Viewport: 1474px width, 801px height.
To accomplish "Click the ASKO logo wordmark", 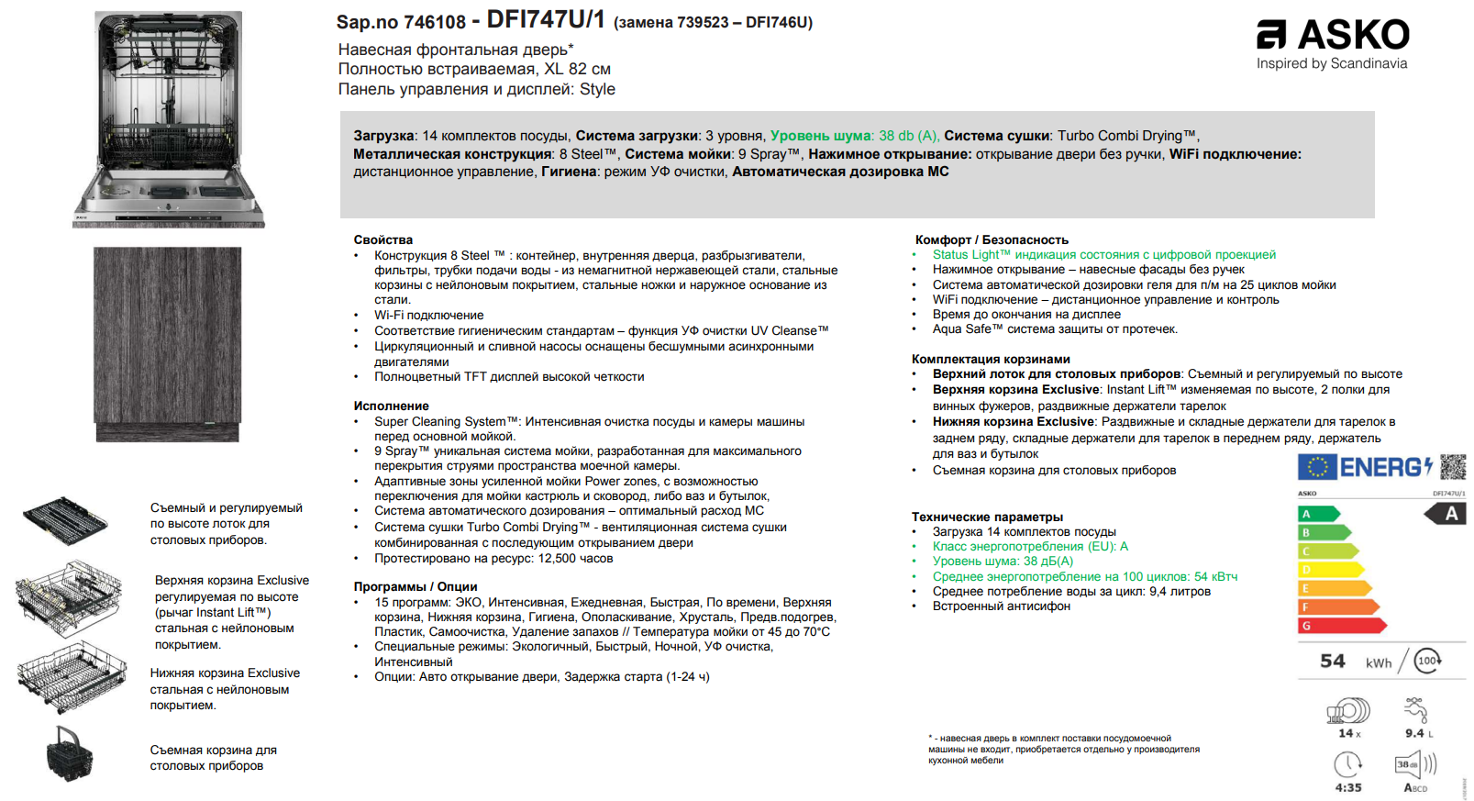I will (x=1352, y=35).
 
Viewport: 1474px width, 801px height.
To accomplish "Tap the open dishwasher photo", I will (x=169, y=118).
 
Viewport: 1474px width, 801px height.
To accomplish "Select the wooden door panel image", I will (x=167, y=344).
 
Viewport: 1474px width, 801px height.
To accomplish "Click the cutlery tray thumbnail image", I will (x=65, y=520).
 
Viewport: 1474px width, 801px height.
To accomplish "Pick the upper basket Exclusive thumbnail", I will (x=69, y=599).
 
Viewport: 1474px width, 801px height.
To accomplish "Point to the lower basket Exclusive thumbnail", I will (x=72, y=677).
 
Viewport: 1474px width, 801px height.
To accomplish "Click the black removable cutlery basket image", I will (x=70, y=754).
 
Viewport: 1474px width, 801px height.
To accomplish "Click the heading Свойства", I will (x=383, y=239).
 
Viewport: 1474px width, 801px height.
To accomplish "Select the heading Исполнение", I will (x=392, y=406).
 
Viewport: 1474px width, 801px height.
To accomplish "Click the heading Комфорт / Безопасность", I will (x=992, y=239).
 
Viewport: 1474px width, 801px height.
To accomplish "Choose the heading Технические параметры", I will (x=987, y=517).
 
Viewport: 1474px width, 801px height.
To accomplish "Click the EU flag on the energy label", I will (x=1317, y=467).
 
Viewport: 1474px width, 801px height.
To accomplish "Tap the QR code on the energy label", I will (x=1453, y=466).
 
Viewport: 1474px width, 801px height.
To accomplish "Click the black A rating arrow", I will (x=1446, y=514).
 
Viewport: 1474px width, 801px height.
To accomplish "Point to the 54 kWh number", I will (x=1333, y=662).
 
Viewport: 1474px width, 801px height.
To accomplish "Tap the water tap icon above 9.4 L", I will (x=1416, y=710).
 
